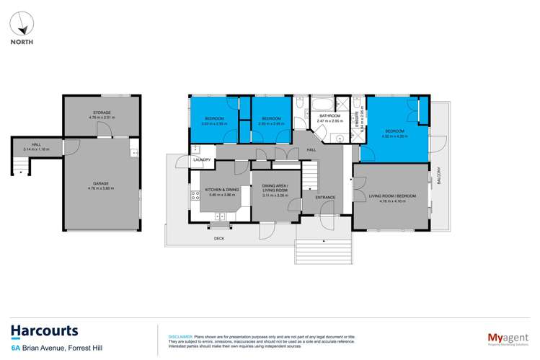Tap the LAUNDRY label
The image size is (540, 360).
pos(201,159)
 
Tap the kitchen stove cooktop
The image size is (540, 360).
pos(194,194)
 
